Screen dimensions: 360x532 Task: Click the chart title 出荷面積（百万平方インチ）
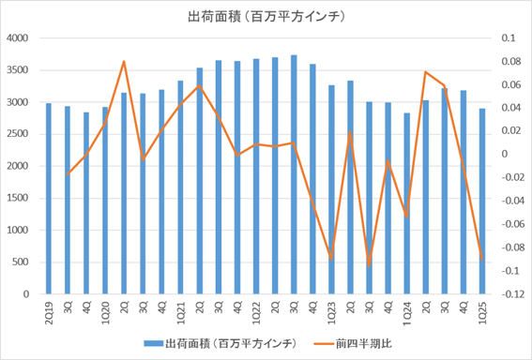(266, 16)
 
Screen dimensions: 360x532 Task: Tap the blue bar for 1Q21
(180, 187)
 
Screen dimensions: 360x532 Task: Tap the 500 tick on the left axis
(22, 262)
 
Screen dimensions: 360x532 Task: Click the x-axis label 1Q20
(105, 309)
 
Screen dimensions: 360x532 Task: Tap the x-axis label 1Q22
(255, 309)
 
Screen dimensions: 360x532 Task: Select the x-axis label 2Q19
(49, 309)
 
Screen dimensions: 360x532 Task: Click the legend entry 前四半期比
(361, 342)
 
